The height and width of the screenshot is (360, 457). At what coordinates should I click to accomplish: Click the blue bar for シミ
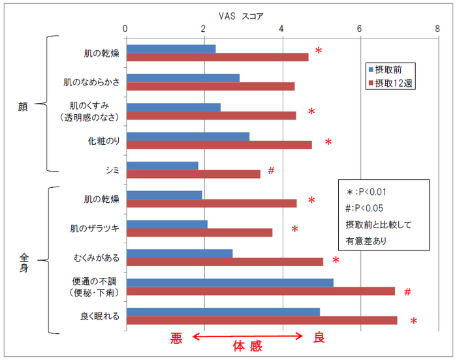pyautogui.click(x=162, y=166)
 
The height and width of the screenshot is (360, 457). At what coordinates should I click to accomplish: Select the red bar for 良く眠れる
pyautogui.click(x=262, y=320)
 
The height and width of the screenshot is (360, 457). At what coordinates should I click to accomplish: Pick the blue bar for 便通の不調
pyautogui.click(x=230, y=282)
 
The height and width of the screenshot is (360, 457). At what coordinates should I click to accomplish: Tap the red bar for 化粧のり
pyautogui.click(x=219, y=145)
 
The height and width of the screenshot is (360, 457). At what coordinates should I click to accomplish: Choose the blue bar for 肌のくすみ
pyautogui.click(x=173, y=107)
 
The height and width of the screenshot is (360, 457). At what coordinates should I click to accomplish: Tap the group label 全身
pyautogui.click(x=23, y=260)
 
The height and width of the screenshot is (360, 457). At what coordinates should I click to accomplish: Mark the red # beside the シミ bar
pyautogui.click(x=271, y=171)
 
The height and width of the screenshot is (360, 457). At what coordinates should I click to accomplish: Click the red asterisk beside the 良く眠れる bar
pyautogui.click(x=413, y=321)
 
